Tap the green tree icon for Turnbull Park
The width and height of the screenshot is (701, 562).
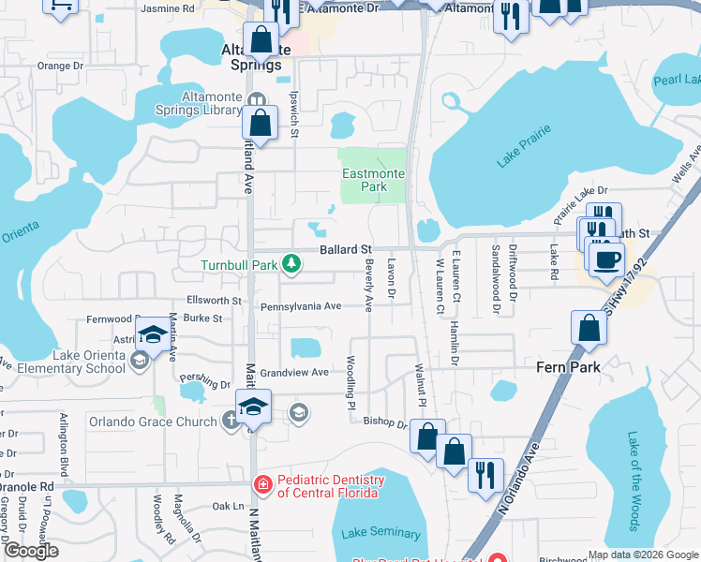[x=292, y=265]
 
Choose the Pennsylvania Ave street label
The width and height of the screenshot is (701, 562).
[x=301, y=306]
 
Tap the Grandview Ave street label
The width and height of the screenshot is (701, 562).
[x=294, y=373]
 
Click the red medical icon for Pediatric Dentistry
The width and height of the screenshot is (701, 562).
[x=264, y=484]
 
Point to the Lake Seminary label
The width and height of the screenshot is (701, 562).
[x=381, y=533]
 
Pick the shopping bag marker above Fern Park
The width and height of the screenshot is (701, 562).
[x=589, y=329]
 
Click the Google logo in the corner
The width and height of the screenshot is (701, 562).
[x=30, y=551]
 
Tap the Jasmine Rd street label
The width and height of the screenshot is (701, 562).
[x=167, y=8]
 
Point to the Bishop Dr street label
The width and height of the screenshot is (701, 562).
[x=385, y=423]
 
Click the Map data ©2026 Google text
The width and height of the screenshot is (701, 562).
[x=642, y=555]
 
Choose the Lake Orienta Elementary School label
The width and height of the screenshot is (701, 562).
[x=63, y=362]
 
